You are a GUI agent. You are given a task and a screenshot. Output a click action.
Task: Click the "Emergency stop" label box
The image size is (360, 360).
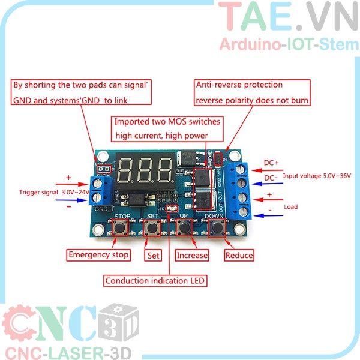[98, 255]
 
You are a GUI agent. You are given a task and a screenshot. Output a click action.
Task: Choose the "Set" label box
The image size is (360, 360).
[153, 255]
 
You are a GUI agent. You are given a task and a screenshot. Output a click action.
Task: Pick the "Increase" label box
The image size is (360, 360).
[192, 255]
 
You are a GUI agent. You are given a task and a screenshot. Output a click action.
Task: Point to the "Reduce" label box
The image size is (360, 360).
[239, 255]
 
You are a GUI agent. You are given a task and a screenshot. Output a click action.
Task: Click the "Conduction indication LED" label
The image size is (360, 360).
[155, 280]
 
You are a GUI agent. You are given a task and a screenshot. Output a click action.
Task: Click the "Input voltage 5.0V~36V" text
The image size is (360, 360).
[317, 176]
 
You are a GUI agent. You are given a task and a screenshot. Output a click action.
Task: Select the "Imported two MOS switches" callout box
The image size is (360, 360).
[167, 128]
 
